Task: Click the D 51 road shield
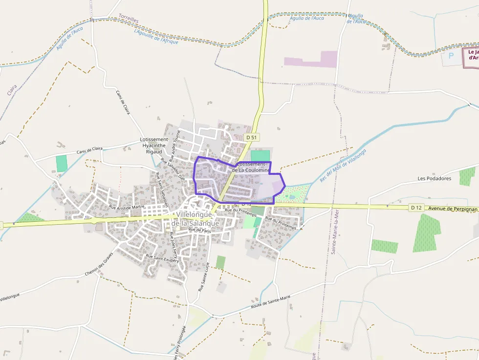[251, 138]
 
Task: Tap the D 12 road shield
[416, 208]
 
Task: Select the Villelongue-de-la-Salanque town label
[196, 219]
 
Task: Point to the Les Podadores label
[434, 178]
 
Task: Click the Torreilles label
[129, 18]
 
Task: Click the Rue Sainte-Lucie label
[204, 276]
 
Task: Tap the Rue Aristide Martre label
[127, 207]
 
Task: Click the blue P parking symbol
[451, 56]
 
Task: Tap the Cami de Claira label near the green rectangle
[90, 149]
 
